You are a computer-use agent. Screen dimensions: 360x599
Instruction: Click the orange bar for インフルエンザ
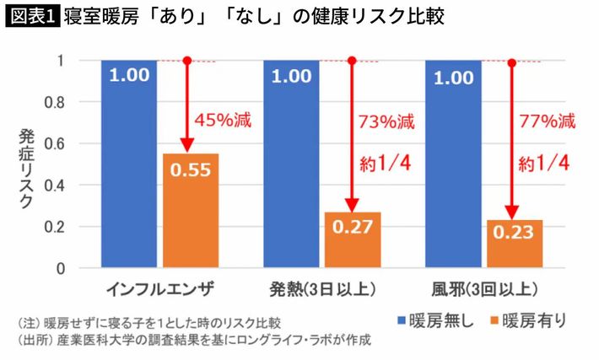pos(190,211)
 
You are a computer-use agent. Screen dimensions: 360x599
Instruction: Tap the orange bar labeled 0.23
pos(514,244)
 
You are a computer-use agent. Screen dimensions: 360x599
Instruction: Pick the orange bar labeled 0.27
pos(352,240)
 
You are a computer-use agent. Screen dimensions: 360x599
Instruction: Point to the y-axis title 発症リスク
pos(25,169)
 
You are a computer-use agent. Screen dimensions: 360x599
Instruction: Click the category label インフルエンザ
pos(160,289)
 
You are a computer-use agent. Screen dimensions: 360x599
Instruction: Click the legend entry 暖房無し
pos(434,321)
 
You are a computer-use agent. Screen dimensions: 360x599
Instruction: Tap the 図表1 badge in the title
pos(31,16)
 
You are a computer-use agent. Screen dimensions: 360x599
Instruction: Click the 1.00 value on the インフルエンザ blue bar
pos(129,75)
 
